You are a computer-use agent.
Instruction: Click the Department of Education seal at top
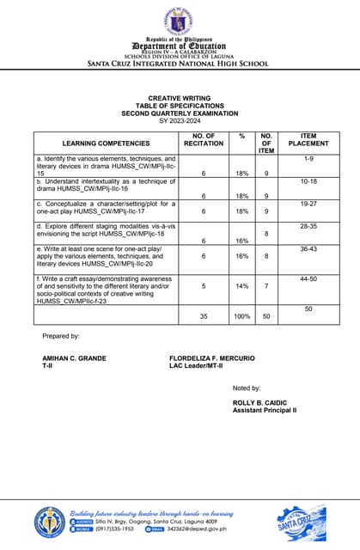[x=180, y=21]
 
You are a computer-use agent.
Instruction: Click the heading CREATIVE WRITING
[x=180, y=99]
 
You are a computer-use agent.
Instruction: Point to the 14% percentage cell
[x=243, y=285]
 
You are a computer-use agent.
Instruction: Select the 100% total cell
[x=243, y=316]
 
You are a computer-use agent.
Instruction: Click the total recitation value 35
[x=204, y=316]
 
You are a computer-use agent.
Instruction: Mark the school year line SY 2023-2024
[x=180, y=119]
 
